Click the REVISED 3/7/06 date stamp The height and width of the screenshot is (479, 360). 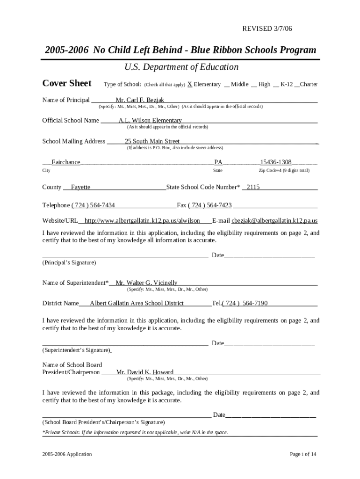[267, 29]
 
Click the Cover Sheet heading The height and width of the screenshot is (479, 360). [67, 83]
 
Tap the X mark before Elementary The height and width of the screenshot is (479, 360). [190, 84]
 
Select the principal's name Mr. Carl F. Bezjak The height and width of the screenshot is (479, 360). [140, 100]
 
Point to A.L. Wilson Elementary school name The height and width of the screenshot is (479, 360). [150, 120]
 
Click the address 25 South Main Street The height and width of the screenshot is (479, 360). [152, 141]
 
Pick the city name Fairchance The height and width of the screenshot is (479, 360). [65, 162]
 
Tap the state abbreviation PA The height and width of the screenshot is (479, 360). [218, 162]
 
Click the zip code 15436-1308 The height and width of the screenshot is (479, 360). [276, 162]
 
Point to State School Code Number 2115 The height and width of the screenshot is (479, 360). [253, 187]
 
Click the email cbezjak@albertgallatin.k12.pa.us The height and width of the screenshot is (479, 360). [274, 220]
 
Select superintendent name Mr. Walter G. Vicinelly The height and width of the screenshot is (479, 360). [146, 283]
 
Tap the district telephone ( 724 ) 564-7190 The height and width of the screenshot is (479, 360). [245, 303]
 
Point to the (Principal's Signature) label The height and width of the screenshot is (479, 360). [69, 263]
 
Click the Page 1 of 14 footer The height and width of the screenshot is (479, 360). [303, 454]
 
